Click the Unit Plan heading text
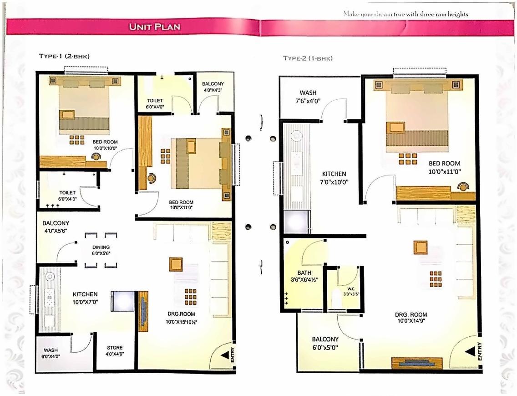pyautogui.click(x=155, y=27)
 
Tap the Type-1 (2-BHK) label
pyautogui.click(x=64, y=56)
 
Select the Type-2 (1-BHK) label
pyautogui.click(x=308, y=58)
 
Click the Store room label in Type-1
pyautogui.click(x=115, y=350)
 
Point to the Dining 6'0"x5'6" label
pyautogui.click(x=101, y=250)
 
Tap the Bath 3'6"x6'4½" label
pyautogui.click(x=304, y=276)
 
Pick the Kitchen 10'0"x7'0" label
pyautogui.click(x=85, y=298)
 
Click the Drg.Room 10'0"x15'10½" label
pyautogui.click(x=181, y=318)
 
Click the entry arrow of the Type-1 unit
pyautogui.click(x=224, y=355)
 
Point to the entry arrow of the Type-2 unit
pyautogui.click(x=470, y=352)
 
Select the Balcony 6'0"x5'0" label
pyautogui.click(x=325, y=343)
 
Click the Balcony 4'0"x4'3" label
pyautogui.click(x=213, y=87)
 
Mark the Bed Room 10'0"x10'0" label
pyautogui.click(x=105, y=145)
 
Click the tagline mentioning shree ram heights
pyautogui.click(x=405, y=14)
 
